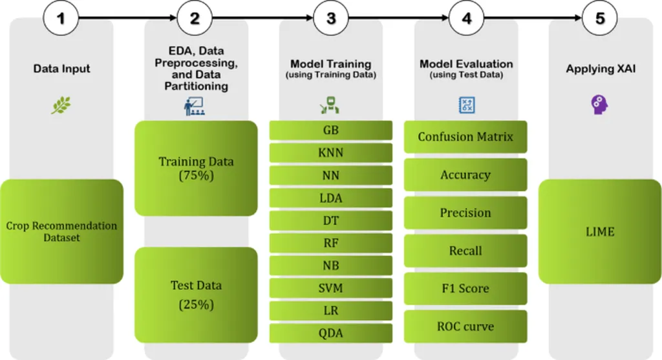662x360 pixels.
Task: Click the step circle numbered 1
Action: tap(61, 18)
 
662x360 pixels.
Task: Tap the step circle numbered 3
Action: tap(331, 18)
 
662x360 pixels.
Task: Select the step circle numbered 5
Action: tap(601, 18)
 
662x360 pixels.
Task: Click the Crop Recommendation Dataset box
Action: tap(61, 231)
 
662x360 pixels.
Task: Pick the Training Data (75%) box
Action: tap(196, 168)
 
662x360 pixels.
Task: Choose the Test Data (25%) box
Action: tap(196, 294)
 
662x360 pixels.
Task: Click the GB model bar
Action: tap(331, 130)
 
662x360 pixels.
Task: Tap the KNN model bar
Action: tap(331, 153)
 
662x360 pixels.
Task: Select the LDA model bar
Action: tap(331, 198)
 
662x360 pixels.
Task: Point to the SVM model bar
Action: tap(331, 288)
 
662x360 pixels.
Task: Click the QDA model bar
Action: tap(331, 333)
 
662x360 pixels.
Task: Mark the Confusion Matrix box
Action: tap(465, 137)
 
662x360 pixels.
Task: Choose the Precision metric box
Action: tap(465, 213)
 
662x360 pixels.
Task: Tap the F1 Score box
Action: tap(465, 288)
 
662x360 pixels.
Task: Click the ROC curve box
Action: tap(465, 326)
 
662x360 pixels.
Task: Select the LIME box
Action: tap(601, 231)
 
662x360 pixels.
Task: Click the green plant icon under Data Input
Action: tap(61, 105)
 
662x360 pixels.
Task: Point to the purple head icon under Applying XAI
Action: tap(601, 105)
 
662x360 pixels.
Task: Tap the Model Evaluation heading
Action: tap(465, 65)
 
